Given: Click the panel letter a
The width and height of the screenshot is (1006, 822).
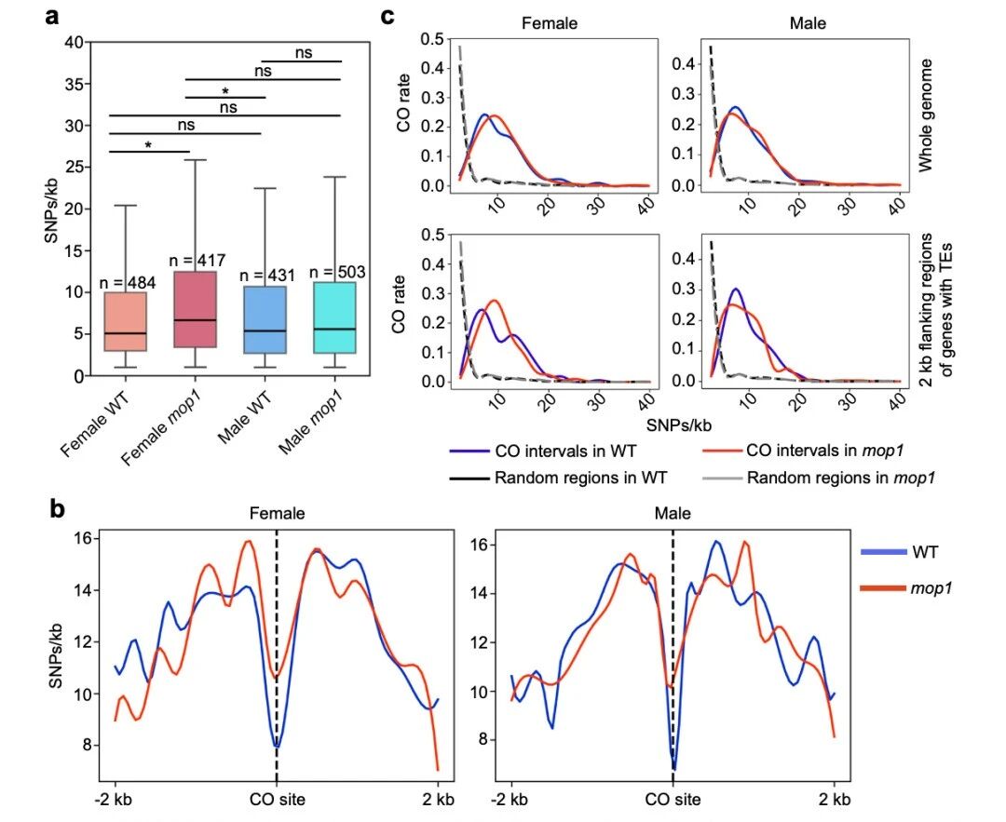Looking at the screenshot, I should click(56, 18).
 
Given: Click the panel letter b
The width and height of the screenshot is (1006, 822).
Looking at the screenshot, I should click(57, 509).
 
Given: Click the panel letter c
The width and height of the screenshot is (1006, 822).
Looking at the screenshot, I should click(388, 18).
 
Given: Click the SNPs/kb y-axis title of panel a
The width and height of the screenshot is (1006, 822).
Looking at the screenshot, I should click(52, 209).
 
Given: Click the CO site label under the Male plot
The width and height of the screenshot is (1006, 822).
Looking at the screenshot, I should click(673, 799).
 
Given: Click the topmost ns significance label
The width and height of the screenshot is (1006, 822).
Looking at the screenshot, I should click(304, 52).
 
